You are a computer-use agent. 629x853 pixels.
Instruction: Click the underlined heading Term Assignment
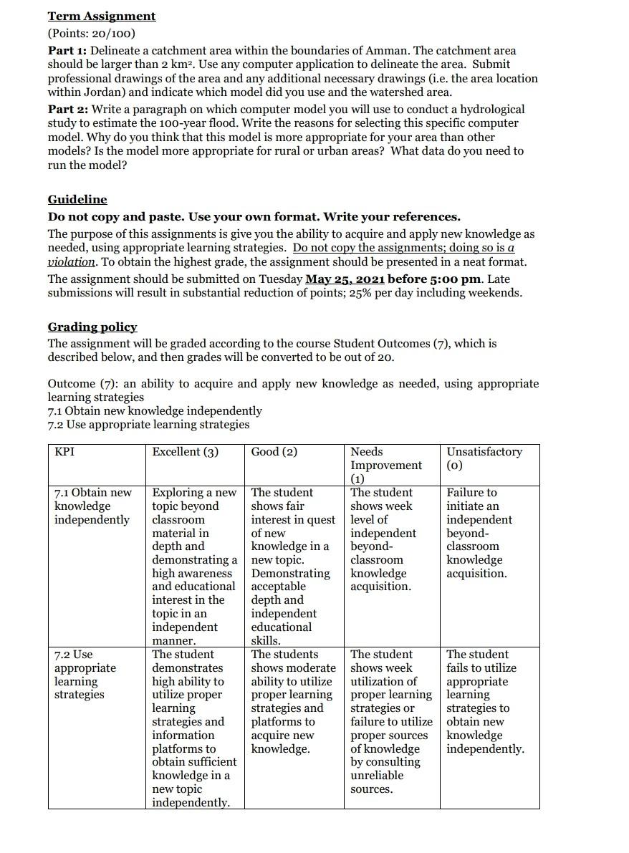[101, 16]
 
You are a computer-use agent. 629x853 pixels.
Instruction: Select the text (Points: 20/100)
[91, 34]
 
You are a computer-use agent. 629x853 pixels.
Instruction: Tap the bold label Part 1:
[67, 51]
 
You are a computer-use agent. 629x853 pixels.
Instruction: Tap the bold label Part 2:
[67, 110]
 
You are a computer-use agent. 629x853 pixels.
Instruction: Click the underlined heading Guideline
[77, 199]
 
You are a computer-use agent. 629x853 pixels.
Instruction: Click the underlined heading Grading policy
[92, 327]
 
